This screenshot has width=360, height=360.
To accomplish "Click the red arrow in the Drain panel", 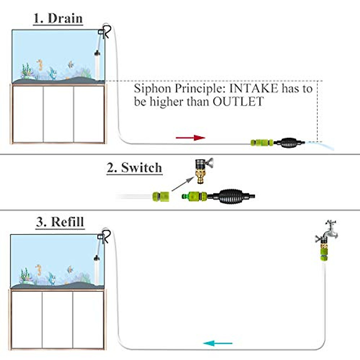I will pyautogui.click(x=190, y=138).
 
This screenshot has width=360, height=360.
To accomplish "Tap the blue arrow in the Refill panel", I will pyautogui.click(x=217, y=343).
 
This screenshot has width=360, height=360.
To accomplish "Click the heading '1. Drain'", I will pyautogui.click(x=58, y=19).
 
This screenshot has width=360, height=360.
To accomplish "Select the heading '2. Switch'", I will pyautogui.click(x=134, y=168).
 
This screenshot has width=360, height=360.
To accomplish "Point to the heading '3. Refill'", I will pyautogui.click(x=60, y=222).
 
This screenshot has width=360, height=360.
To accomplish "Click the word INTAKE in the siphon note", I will pyautogui.click(x=254, y=89).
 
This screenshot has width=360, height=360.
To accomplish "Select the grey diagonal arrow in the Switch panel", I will pyautogui.click(x=183, y=184).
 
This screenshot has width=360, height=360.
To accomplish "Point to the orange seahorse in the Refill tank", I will pyautogui.click(x=39, y=270).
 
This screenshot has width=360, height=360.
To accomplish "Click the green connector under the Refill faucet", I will pyautogui.click(x=324, y=256).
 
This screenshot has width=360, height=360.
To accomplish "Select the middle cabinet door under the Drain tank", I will pyautogui.click(x=58, y=114).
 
